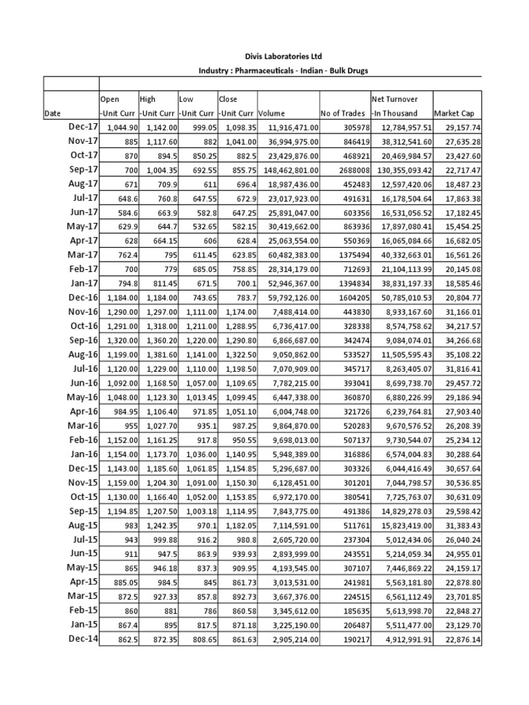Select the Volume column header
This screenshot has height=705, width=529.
pyautogui.click(x=273, y=113)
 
